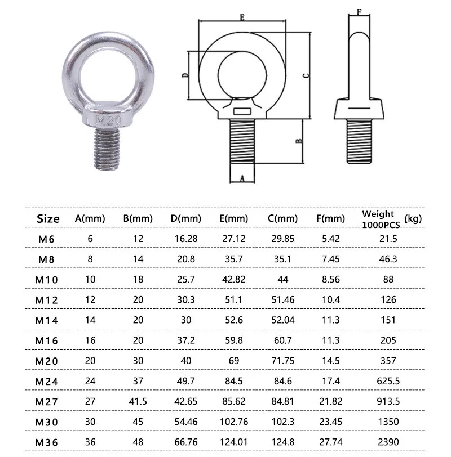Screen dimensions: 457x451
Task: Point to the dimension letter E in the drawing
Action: (x=241, y=18)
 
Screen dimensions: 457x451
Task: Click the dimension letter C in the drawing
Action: (x=305, y=75)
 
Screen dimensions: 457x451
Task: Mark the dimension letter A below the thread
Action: (x=242, y=178)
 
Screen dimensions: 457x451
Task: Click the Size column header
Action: (x=48, y=218)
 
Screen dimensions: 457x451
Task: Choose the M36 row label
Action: (x=47, y=441)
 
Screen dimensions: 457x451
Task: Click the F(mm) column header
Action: (x=330, y=218)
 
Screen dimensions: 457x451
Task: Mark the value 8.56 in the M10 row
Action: (x=330, y=279)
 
